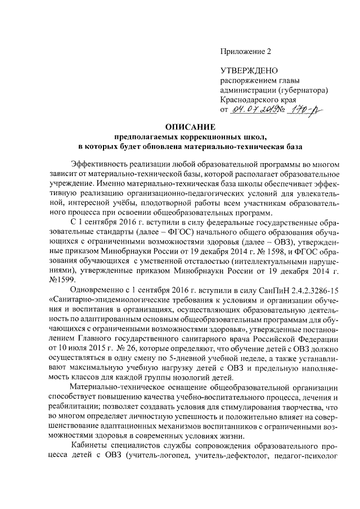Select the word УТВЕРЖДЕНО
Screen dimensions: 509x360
pyautogui.click(x=249, y=70)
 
